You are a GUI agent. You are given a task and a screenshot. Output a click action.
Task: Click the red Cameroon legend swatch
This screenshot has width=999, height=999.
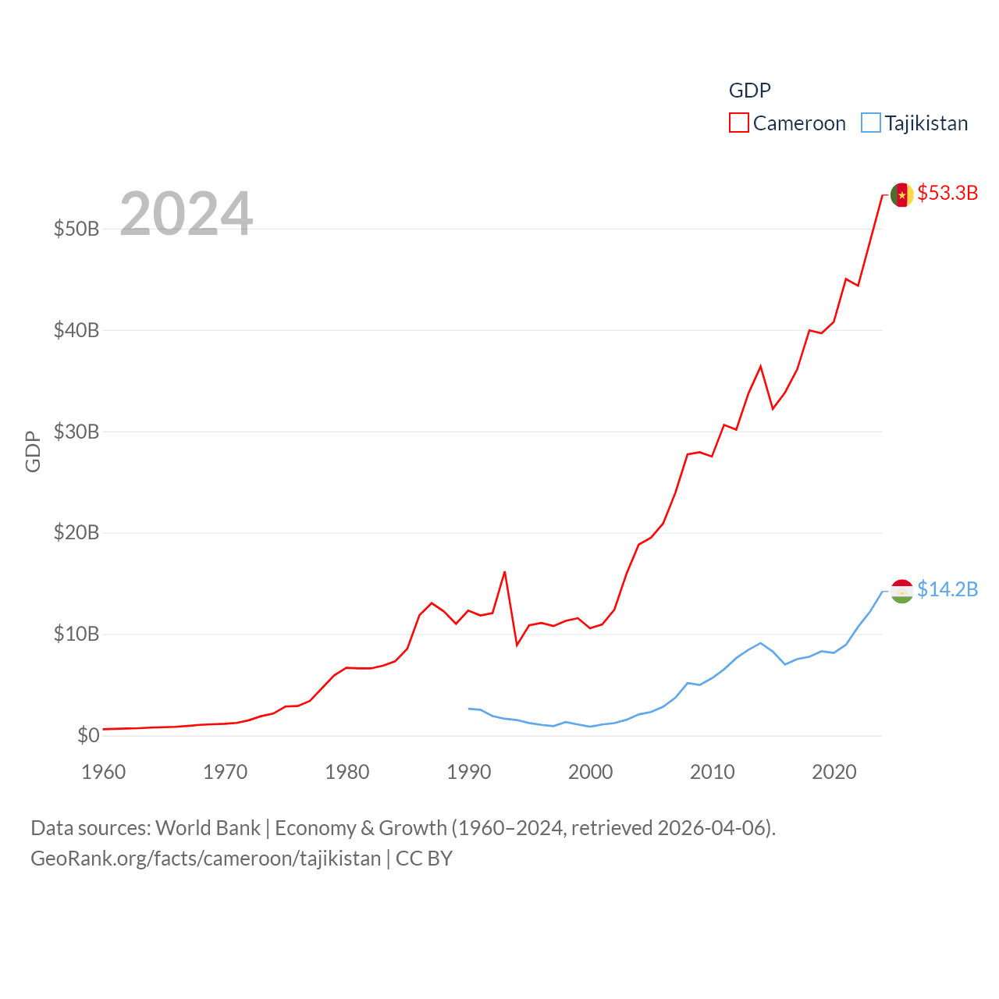738,123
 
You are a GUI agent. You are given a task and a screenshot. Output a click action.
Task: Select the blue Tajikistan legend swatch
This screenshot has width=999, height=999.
871,123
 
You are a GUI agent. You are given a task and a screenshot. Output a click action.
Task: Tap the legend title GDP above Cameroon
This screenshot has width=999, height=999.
749,91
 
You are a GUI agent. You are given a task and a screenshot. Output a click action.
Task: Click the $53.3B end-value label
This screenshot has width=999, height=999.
947,193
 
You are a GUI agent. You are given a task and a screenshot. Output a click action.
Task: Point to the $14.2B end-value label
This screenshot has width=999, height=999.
947,589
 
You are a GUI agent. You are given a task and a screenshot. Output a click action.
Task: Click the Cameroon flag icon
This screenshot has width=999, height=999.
902,194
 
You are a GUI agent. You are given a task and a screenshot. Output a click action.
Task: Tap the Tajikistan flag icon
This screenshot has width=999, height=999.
902,591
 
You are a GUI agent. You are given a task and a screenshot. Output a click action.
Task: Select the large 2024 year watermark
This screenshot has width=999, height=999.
186,213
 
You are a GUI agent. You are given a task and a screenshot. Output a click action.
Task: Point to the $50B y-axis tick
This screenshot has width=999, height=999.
76,229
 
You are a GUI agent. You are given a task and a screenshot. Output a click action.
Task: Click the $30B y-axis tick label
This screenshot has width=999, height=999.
76,432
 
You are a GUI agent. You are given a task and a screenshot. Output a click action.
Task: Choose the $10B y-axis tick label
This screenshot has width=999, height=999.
76,634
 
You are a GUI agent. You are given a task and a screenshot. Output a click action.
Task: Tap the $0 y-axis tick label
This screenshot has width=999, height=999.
88,735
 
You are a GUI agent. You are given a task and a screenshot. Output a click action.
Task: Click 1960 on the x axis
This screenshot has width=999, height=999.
104,772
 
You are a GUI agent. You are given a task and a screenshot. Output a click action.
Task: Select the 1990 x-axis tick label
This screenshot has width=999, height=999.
468,772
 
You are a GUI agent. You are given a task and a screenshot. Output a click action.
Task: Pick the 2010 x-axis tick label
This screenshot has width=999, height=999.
712,772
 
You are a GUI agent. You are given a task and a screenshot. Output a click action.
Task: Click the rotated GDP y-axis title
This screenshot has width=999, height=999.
33,451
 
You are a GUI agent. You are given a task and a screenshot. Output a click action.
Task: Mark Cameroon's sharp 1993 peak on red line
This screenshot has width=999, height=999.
504,572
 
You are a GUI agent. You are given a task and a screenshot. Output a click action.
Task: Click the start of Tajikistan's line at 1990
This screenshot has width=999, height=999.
468,709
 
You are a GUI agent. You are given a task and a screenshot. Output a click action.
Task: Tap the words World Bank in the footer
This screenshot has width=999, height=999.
208,827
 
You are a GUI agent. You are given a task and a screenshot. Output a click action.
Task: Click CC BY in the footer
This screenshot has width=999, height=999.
424,859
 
